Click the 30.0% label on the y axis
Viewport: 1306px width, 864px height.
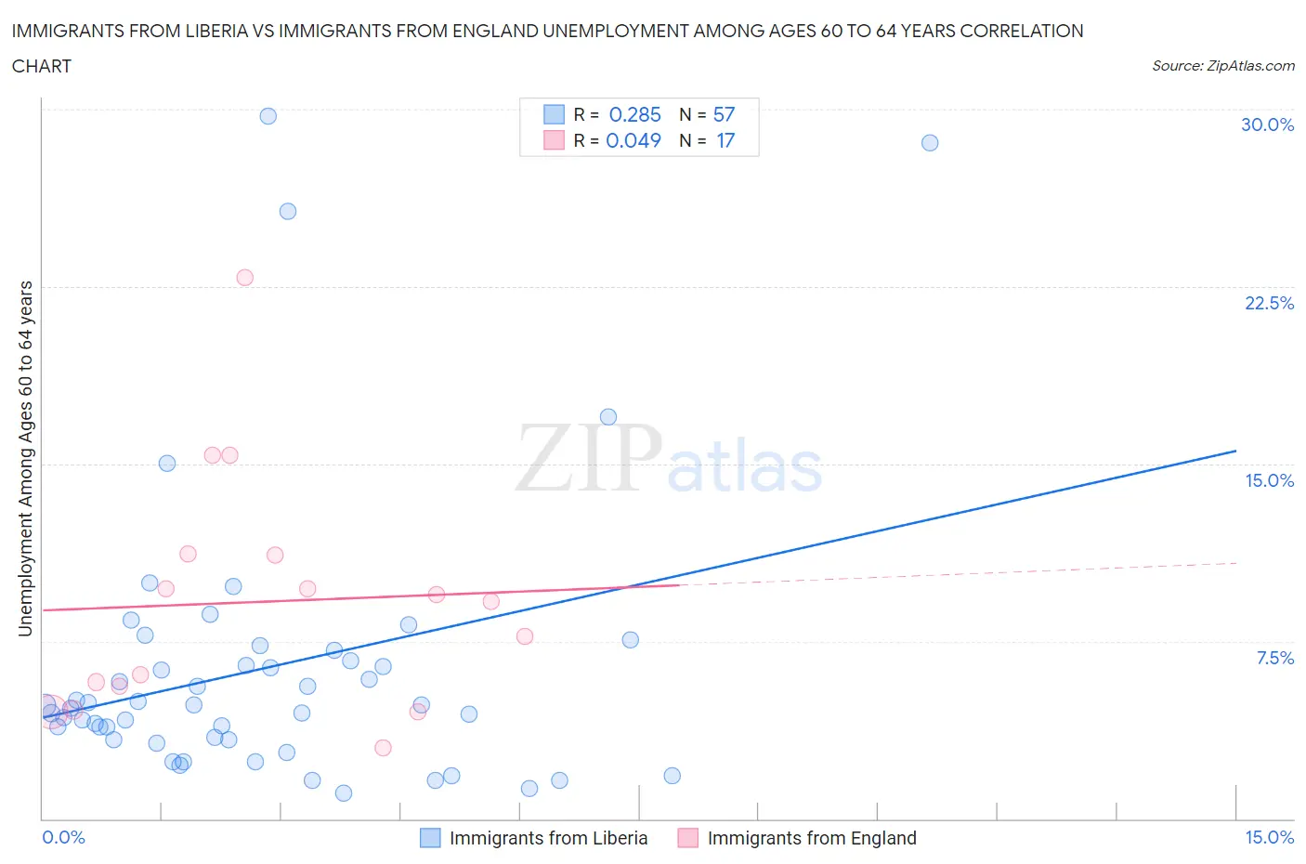point(1267,124)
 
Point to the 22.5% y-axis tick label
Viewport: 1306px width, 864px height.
point(1269,303)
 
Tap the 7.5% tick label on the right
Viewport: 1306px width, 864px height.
point(1274,658)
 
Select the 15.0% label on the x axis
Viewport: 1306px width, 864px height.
point(1269,837)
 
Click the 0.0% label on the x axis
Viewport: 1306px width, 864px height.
point(63,837)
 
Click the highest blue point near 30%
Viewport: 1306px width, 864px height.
point(268,116)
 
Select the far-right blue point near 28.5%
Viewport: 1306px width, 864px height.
point(930,143)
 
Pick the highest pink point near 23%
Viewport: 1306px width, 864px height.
point(245,278)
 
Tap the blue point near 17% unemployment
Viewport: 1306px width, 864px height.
point(608,417)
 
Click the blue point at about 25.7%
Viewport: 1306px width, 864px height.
point(288,212)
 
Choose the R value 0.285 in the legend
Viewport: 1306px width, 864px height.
point(634,114)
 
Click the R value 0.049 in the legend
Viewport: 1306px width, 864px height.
point(633,140)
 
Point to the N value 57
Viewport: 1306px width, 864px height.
point(724,114)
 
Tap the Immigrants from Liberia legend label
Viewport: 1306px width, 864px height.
point(548,838)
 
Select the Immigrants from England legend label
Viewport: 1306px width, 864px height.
point(811,838)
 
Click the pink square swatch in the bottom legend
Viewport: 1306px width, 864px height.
point(687,838)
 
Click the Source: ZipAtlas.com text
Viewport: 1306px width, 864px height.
point(1222,65)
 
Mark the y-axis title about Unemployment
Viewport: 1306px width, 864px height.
point(25,458)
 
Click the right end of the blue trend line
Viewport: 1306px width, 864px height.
point(1235,451)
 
